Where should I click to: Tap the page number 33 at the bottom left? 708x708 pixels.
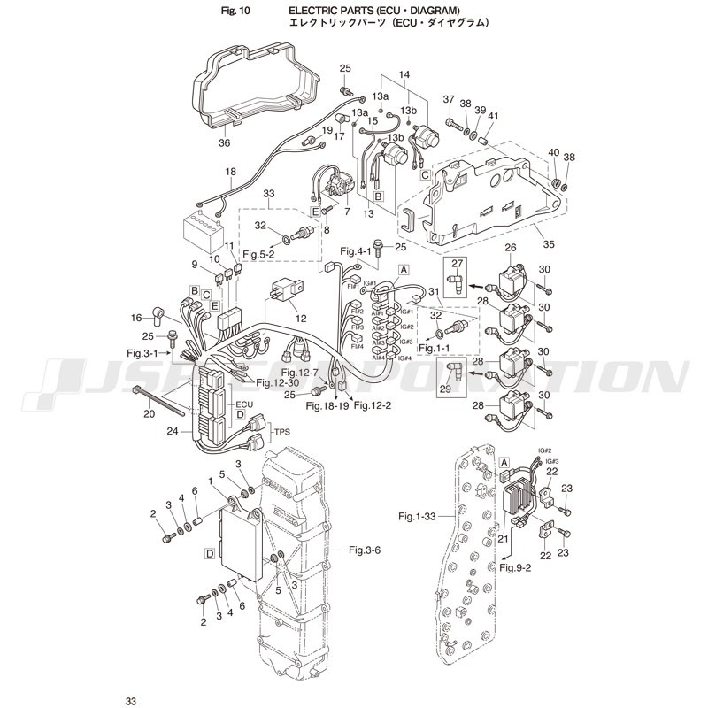pyautogui.click(x=131, y=701)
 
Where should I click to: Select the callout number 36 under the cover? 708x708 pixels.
pyautogui.click(x=223, y=142)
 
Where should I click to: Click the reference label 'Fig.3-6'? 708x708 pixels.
pyautogui.click(x=365, y=550)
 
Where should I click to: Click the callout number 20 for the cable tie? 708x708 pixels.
pyautogui.click(x=149, y=413)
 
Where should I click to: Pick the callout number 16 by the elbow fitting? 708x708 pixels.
pyautogui.click(x=135, y=317)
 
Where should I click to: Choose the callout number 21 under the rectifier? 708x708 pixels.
pyautogui.click(x=504, y=537)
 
